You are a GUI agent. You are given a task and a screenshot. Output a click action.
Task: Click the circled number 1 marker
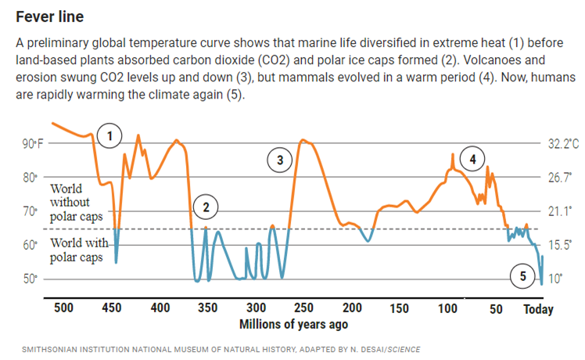point(111,135)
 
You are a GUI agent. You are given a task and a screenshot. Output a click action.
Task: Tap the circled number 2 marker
point(206,207)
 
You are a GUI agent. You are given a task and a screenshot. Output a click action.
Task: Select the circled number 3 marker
point(279,160)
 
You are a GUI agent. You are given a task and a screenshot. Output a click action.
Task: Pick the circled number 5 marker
point(523,275)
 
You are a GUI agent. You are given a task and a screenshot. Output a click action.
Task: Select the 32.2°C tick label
point(563,144)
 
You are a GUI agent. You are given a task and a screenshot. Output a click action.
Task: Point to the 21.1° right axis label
point(560,211)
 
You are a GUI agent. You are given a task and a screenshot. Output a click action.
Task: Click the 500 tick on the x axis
point(64,308)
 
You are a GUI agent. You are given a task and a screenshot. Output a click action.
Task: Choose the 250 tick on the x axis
point(303,308)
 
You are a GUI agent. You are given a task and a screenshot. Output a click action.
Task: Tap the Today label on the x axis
point(538,309)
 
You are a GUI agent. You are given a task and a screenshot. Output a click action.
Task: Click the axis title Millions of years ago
point(293,324)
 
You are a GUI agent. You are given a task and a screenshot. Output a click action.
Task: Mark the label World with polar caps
point(77,249)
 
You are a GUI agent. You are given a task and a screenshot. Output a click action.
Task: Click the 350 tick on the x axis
point(207,308)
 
